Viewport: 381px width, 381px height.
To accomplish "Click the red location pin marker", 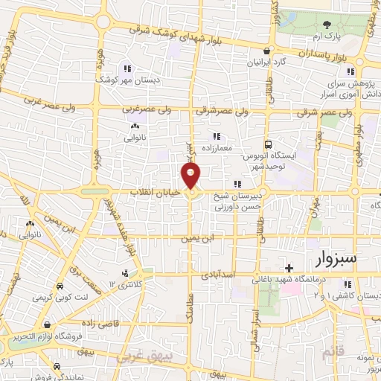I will tap(191, 176).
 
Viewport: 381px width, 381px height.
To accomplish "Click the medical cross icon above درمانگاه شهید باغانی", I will tap(289, 267).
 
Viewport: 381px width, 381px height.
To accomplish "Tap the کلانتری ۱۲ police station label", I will tap(123, 285).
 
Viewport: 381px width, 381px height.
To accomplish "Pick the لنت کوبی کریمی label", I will tap(60, 297).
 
